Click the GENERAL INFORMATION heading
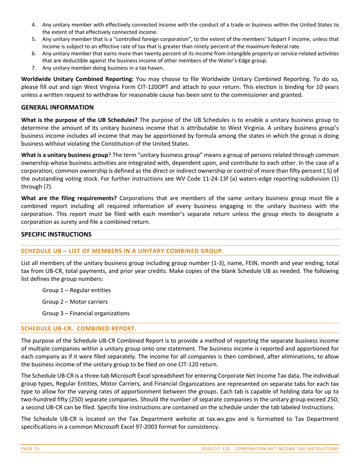click(57, 108)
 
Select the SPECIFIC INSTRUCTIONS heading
click(56, 234)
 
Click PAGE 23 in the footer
click(30, 449)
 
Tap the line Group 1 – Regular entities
click(77, 290)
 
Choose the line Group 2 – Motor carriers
click(75, 302)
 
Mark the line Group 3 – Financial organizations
click(86, 313)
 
